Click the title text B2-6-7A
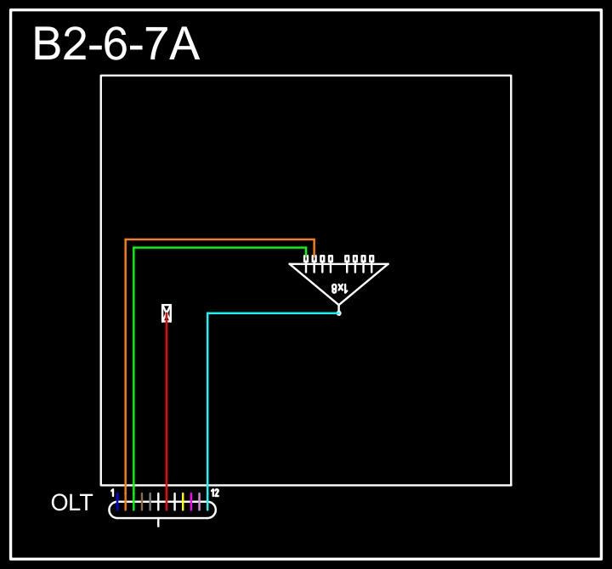pyautogui.click(x=116, y=45)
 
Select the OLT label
pyautogui.click(x=71, y=503)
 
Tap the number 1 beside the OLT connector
pyautogui.click(x=112, y=493)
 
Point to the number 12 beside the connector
pyautogui.click(x=215, y=493)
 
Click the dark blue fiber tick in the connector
pyautogui.click(x=117, y=502)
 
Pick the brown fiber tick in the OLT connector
pyautogui.click(x=142, y=502)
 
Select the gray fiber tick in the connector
pyautogui.click(x=150, y=502)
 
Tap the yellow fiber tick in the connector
pyautogui.click(x=183, y=502)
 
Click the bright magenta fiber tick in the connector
pyautogui.click(x=191, y=502)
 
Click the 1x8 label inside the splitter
pyautogui.click(x=339, y=288)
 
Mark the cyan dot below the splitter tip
pyautogui.click(x=338, y=313)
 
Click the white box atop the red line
pyautogui.click(x=167, y=313)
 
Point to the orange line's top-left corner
pyautogui.click(x=126, y=240)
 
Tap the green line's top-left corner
pyautogui.click(x=134, y=248)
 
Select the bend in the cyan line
pyautogui.click(x=208, y=313)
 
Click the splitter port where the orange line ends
pyautogui.click(x=314, y=259)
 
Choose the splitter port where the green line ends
pyautogui.click(x=307, y=259)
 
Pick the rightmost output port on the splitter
pyautogui.click(x=371, y=259)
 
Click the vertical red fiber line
pyautogui.click(x=167, y=408)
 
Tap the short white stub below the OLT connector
pyautogui.click(x=159, y=522)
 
